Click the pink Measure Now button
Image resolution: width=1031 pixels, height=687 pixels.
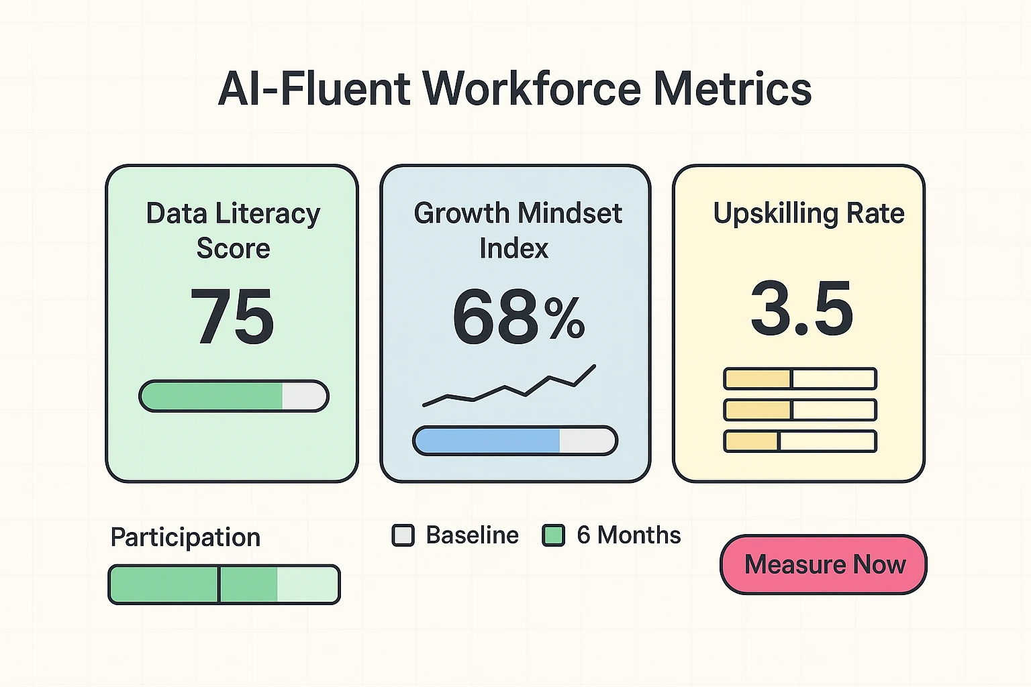pos(824,564)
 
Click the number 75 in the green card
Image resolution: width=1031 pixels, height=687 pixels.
pos(232,316)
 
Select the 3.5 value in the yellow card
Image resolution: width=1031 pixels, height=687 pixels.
pos(802,309)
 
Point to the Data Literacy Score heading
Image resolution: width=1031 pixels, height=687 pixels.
pos(233,230)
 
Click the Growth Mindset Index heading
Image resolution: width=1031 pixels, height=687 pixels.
pos(517,230)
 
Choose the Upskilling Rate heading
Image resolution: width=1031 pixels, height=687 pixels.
pos(809,213)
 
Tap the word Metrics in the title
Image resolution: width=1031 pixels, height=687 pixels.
pos(732,89)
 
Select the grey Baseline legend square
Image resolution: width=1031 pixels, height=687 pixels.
pos(403,535)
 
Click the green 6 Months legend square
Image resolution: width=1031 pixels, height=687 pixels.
pos(553,535)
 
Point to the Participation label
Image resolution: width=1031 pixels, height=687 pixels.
pos(185,537)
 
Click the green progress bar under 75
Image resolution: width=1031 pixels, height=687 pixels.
pos(234,396)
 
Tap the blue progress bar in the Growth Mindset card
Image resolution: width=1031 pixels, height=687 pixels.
pos(515,441)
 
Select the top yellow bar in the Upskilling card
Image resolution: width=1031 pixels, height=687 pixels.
pos(800,378)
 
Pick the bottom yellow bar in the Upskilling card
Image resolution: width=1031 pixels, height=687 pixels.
pos(800,441)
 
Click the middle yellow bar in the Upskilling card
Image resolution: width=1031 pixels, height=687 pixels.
pos(800,409)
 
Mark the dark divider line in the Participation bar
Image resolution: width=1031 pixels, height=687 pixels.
pos(219,584)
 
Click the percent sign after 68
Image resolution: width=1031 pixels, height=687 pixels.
pos(564,318)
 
